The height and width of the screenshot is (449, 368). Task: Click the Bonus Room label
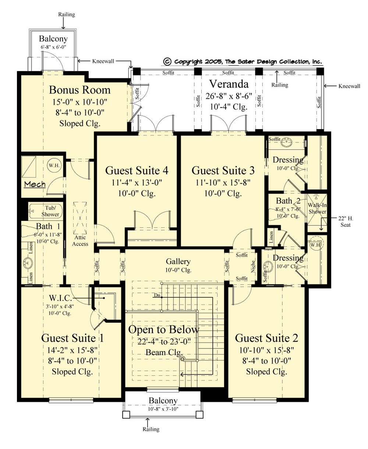(x=80, y=90)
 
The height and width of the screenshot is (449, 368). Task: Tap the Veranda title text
(x=229, y=84)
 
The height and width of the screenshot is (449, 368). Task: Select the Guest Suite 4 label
(x=137, y=170)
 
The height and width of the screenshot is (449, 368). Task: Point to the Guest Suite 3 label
(x=223, y=170)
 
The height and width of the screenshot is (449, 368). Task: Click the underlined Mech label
(x=35, y=184)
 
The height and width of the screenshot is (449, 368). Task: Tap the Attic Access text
(x=80, y=241)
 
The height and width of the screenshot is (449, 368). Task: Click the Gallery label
(x=178, y=262)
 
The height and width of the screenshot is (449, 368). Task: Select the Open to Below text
(x=163, y=329)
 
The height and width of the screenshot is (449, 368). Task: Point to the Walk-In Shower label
(x=317, y=208)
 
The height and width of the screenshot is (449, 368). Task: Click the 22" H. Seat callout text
(x=346, y=222)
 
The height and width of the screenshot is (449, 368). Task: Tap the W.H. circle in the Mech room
(x=54, y=165)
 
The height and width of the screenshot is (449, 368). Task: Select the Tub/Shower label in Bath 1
(x=50, y=211)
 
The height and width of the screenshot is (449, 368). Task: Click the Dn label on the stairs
(x=157, y=295)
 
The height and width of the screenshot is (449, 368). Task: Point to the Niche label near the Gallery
(x=253, y=266)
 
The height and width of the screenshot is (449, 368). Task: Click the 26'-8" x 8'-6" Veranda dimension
(x=229, y=96)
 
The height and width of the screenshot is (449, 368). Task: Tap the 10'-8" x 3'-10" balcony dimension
(x=163, y=409)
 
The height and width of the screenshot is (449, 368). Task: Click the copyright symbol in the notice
(x=167, y=61)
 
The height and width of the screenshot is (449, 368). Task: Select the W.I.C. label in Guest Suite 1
(x=60, y=298)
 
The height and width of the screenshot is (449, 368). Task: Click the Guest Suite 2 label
(x=266, y=338)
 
